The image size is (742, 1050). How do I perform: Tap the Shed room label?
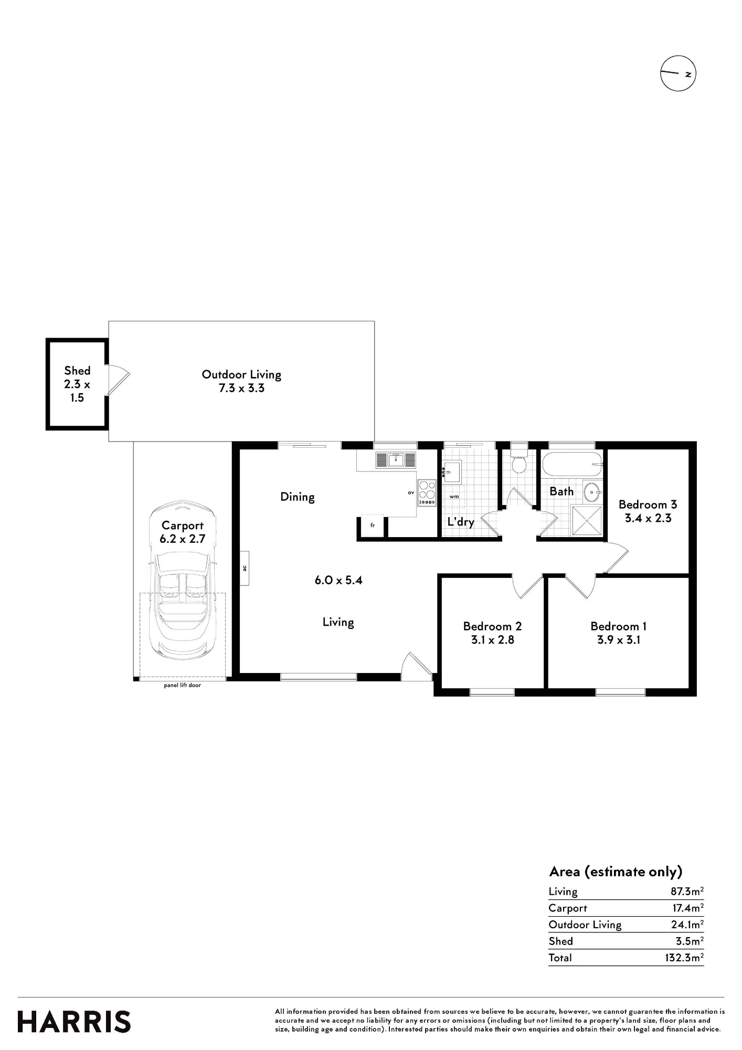[77, 384]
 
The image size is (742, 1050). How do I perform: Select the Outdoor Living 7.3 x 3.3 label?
[241, 381]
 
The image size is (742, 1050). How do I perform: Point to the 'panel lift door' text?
[182, 685]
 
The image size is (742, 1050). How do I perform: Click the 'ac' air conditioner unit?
[245, 568]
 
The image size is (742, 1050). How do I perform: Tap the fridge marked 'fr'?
[373, 525]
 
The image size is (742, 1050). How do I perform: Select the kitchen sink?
[396, 460]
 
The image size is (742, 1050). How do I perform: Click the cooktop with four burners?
[427, 493]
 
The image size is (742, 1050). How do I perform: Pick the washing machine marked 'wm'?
[454, 496]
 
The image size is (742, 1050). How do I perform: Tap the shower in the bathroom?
[587, 520]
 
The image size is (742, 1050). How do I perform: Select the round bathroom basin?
[593, 492]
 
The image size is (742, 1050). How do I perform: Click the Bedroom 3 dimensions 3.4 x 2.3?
[648, 518]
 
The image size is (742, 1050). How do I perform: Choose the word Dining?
[298, 497]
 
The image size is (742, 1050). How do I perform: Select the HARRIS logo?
[74, 1022]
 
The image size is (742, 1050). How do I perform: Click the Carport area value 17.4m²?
[688, 908]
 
